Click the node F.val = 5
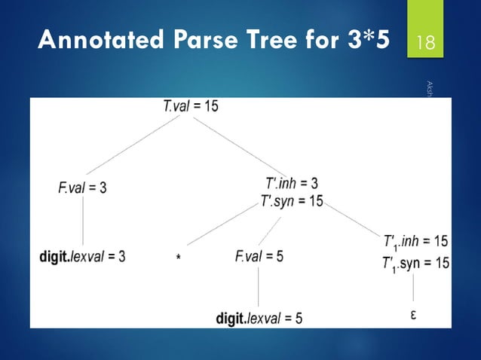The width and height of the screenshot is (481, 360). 259,256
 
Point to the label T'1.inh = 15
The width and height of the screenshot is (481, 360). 416,241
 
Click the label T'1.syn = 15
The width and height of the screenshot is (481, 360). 416,263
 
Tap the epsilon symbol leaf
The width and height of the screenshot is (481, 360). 415,313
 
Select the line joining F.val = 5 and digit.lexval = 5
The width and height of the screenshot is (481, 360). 259,286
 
